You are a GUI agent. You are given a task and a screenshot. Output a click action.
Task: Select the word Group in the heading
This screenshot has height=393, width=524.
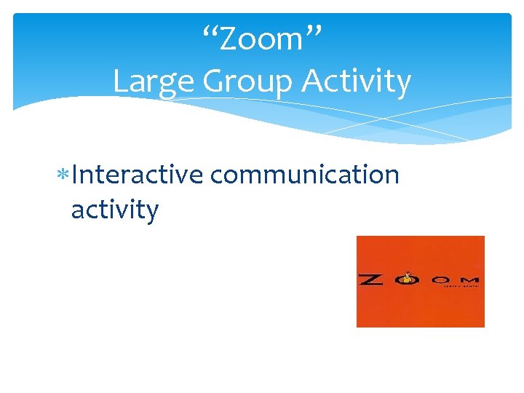[x=249, y=82]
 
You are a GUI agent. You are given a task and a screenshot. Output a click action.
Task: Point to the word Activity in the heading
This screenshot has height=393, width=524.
[x=357, y=82]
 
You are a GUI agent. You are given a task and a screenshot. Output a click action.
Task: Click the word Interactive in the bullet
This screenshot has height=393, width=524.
[x=138, y=175]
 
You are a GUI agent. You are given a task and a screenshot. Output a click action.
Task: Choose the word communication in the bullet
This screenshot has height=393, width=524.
[x=304, y=175]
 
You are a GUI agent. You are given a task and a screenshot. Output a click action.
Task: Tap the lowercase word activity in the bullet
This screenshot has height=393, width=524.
[x=114, y=211]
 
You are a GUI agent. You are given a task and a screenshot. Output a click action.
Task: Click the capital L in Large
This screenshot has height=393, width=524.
[x=122, y=82]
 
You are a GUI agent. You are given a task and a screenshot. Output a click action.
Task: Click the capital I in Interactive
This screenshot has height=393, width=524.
[x=76, y=175]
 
